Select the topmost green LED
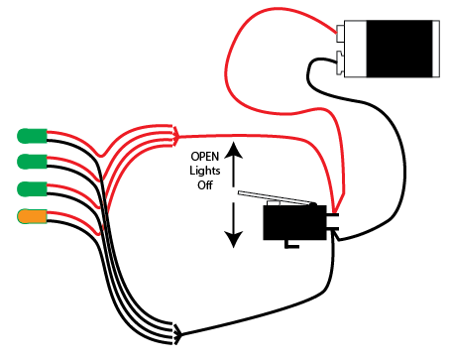coord(32,135)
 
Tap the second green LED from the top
coord(32,162)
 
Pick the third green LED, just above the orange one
coord(32,189)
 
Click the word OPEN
coord(206,156)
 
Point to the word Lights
coord(206,170)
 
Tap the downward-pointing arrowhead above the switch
coord(235,238)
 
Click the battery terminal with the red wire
coord(340,33)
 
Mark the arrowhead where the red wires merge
coord(176,133)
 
